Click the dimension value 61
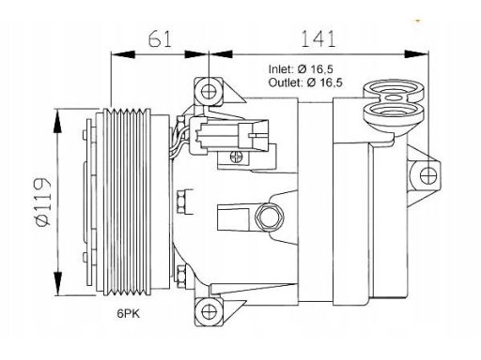(160, 39)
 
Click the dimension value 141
(318, 39)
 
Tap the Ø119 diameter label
(43, 202)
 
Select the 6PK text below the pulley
(129, 313)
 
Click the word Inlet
(280, 69)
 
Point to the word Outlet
(285, 82)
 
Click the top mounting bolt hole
(209, 92)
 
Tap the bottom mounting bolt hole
(209, 311)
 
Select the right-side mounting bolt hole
(427, 175)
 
